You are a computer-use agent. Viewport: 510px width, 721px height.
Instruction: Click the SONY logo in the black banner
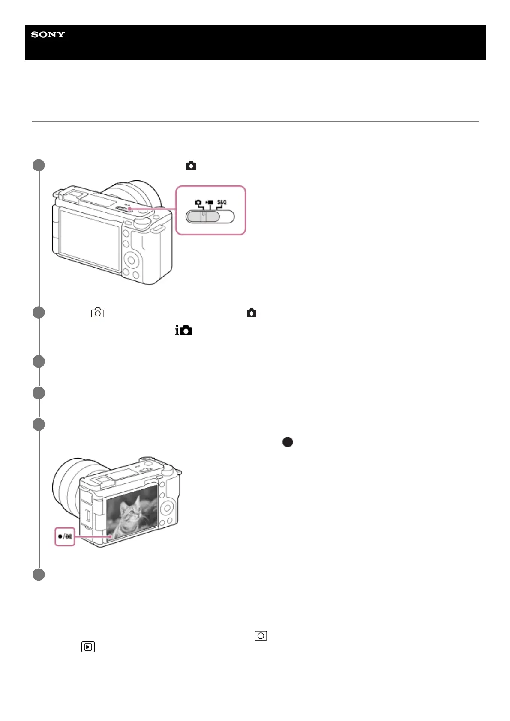pos(48,35)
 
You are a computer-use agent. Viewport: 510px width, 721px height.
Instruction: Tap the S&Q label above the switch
pos(222,202)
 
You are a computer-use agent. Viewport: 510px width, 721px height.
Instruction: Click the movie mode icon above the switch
pos(209,202)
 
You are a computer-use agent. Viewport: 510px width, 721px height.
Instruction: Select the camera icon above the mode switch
pos(198,202)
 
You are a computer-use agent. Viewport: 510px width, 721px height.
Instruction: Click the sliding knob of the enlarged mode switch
pos(203,217)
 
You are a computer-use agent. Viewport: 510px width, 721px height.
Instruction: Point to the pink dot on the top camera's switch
pos(129,209)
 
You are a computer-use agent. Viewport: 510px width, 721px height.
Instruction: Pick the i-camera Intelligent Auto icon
pos(184,330)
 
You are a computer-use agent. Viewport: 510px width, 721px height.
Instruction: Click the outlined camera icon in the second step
pos(98,313)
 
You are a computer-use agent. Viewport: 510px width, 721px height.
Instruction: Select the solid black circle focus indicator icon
pos(288,442)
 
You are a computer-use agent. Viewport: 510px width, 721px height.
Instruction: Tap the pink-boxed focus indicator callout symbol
pos(65,536)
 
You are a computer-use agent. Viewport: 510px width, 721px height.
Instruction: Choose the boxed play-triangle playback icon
pos(88,647)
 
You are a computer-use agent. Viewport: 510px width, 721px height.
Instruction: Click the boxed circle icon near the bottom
pos(261,635)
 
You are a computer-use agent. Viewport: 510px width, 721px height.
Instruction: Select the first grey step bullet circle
pos(39,165)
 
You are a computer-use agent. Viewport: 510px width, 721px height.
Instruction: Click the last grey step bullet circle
pos(39,575)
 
